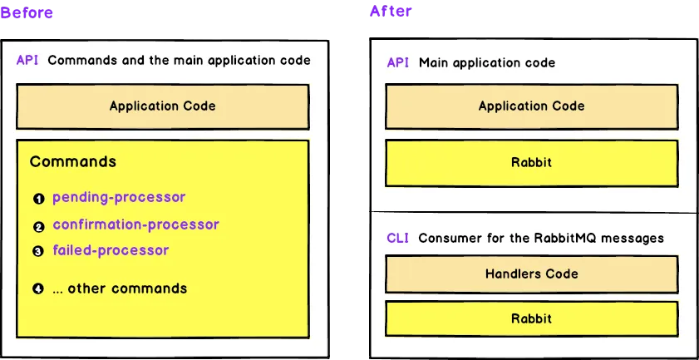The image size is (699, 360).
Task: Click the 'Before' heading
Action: (27, 12)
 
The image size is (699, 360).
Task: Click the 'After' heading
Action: (391, 11)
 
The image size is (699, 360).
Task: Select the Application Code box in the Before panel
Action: (162, 106)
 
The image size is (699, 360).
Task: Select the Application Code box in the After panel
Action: (531, 106)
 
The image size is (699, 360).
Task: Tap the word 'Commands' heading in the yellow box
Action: (73, 161)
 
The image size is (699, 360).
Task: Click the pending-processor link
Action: (119, 198)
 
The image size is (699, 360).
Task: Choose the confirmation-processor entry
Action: (135, 224)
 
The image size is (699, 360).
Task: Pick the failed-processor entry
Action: (111, 250)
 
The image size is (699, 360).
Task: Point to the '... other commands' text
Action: (120, 288)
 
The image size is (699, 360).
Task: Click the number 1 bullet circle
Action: (38, 200)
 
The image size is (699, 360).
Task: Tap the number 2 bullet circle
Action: (38, 226)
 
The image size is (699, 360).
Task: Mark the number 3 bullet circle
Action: (38, 251)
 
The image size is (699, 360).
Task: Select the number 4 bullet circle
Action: (38, 289)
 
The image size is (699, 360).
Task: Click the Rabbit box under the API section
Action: (531, 162)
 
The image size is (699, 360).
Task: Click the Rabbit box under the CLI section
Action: (531, 318)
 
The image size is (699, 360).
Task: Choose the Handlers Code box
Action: (531, 274)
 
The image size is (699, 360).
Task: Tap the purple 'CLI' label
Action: (398, 238)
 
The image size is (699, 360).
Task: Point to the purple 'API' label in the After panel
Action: (398, 62)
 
